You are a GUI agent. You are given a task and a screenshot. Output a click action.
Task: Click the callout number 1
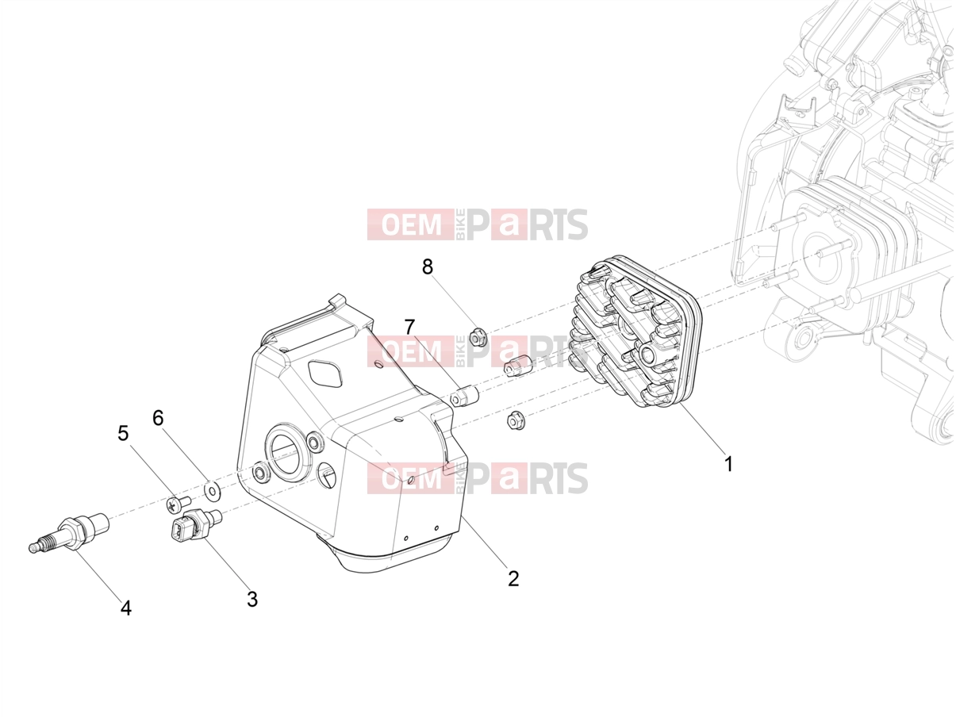728,464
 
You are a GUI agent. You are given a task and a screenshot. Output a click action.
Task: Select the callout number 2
513,578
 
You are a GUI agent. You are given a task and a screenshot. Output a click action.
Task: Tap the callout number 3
252,599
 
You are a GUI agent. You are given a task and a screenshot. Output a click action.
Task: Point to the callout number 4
126,608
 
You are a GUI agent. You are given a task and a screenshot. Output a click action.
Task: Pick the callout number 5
123,434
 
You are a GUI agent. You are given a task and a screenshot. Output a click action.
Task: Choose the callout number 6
158,418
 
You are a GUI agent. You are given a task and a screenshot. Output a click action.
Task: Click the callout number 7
409,328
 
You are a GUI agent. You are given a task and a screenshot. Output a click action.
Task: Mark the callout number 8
428,266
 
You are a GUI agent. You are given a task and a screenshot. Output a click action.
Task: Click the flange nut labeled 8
478,338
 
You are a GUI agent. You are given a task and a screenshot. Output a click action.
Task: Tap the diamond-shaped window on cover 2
325,374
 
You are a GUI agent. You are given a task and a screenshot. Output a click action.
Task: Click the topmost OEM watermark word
411,224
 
